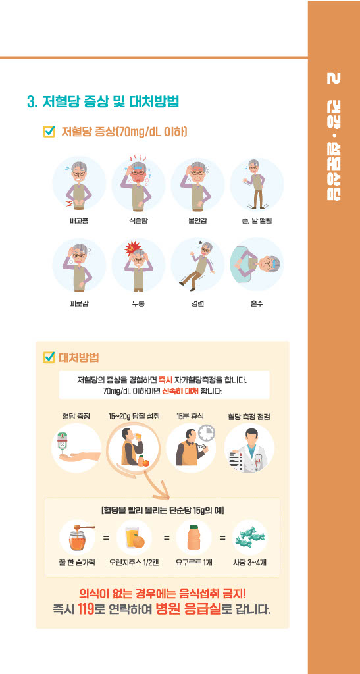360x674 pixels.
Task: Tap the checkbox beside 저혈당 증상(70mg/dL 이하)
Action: pos(49,131)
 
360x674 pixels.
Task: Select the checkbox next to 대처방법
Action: pos(49,357)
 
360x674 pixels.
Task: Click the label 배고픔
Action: pos(79,221)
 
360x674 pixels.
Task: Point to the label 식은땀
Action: pos(138,221)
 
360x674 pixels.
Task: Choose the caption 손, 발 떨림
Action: pos(257,221)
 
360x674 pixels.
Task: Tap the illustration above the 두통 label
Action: pos(138,265)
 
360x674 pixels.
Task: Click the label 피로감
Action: pos(79,304)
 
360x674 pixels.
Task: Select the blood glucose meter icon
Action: pos(63,444)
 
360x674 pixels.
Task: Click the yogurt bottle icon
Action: pos(193,537)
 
